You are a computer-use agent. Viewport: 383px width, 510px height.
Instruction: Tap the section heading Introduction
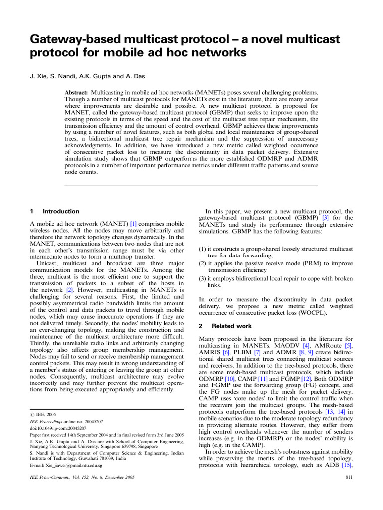61,211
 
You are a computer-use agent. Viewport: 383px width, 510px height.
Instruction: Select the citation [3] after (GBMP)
325,218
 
